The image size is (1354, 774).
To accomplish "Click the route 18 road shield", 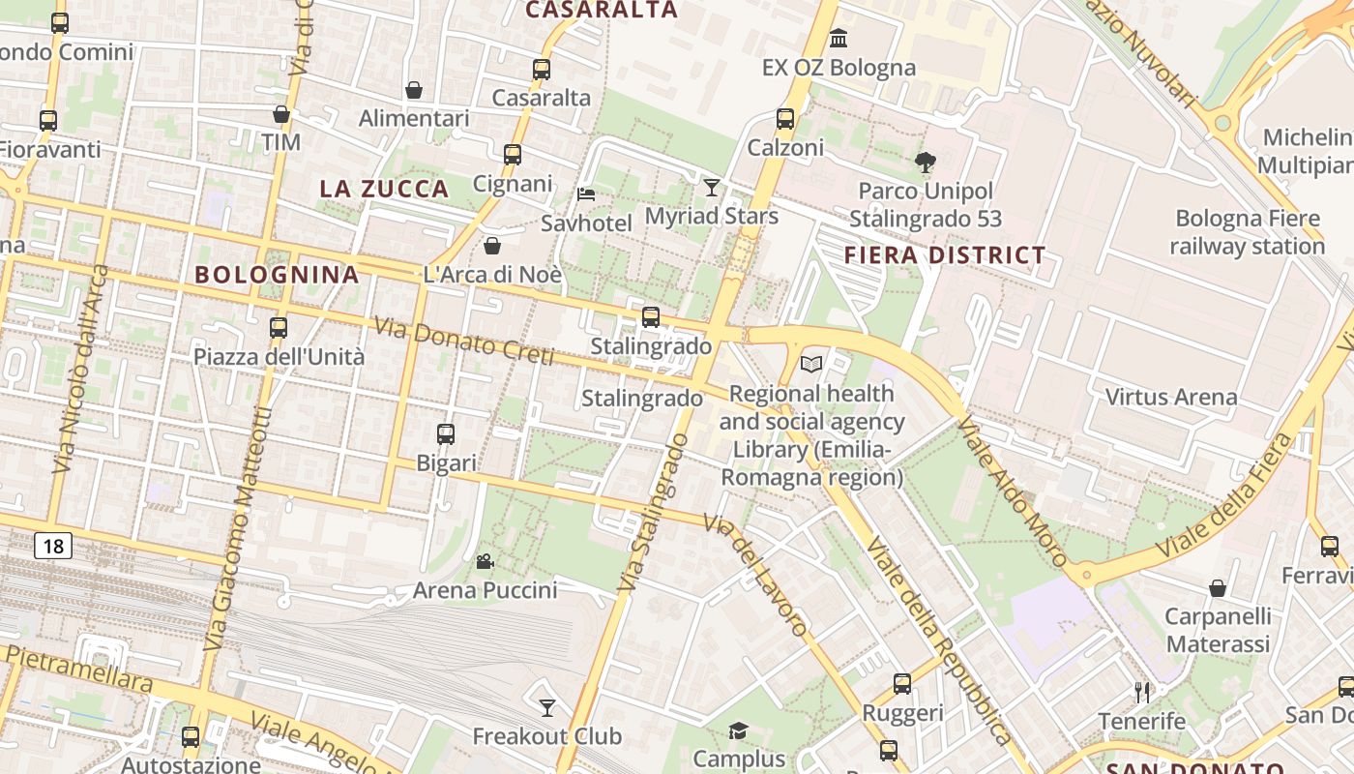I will tap(53, 547).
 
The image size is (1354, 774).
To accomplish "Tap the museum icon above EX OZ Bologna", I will tap(839, 39).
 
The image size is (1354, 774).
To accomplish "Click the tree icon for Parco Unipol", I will tap(926, 162).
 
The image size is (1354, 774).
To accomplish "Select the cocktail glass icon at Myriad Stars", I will tap(712, 187).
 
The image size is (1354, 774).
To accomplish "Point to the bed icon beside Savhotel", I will tap(586, 193).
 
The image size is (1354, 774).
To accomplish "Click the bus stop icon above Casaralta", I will tap(542, 70).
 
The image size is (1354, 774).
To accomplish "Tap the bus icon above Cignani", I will tap(513, 154).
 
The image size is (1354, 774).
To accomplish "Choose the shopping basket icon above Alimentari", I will tap(414, 90).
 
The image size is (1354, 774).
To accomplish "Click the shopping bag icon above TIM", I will tap(281, 114).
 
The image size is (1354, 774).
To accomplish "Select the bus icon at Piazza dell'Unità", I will tap(279, 327).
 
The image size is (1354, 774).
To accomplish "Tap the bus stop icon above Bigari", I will tap(446, 434).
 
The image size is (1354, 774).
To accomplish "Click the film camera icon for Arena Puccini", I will tap(485, 561).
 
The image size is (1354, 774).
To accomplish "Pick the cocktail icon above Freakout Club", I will tap(547, 707).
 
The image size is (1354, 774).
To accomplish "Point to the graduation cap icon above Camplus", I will tap(739, 729).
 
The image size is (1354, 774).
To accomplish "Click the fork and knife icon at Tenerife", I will tap(1142, 692).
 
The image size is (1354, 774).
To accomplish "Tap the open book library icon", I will tap(812, 364).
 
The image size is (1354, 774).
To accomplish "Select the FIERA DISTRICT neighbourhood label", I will tap(945, 255).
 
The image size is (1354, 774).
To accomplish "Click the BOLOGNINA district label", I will tap(277, 274).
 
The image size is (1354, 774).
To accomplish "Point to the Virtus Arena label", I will tap(1170, 397).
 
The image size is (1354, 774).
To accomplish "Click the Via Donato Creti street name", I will tap(464, 343).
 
